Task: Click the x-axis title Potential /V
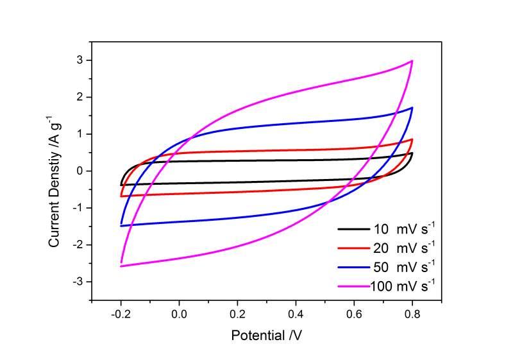(x=266, y=335)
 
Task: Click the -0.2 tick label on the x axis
(x=120, y=314)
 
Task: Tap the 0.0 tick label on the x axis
(x=180, y=314)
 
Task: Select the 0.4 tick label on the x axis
(x=296, y=314)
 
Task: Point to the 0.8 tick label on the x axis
(x=412, y=314)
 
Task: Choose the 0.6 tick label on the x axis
(x=354, y=314)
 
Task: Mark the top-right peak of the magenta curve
(x=412, y=61)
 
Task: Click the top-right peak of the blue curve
(x=412, y=108)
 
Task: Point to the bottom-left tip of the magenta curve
(x=121, y=264)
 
